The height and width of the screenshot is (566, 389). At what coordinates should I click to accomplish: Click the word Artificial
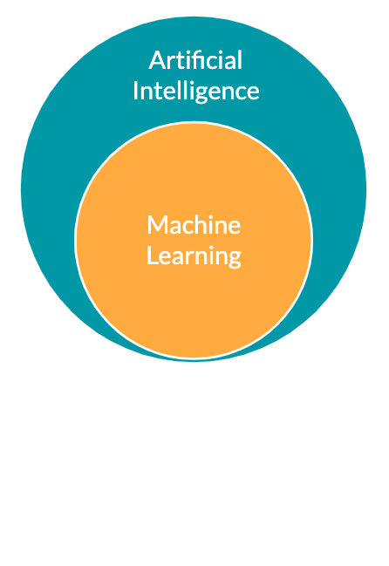click(x=195, y=60)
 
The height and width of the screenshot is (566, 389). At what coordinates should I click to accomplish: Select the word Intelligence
click(x=196, y=91)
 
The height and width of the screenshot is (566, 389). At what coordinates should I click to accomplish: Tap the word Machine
click(x=194, y=224)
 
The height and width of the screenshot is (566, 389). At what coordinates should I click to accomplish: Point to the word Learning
click(x=194, y=256)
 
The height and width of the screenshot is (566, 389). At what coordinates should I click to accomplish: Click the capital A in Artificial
click(x=156, y=60)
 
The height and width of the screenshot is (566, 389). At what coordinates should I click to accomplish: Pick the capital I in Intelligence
click(x=135, y=91)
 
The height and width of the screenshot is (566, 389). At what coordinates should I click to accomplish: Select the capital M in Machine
click(x=157, y=225)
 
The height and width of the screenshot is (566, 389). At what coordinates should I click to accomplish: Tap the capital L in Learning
click(x=153, y=256)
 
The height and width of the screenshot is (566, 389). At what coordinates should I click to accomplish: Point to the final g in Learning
click(x=235, y=258)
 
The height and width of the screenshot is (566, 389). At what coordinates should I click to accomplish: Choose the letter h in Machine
click(x=203, y=224)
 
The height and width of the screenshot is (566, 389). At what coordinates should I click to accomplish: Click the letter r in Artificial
click(x=170, y=63)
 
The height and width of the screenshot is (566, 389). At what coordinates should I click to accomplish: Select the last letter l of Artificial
click(x=240, y=60)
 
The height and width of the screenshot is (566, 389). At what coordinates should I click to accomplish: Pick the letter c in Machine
click(x=190, y=228)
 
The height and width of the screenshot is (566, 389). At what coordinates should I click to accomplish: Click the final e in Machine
click(x=235, y=228)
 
